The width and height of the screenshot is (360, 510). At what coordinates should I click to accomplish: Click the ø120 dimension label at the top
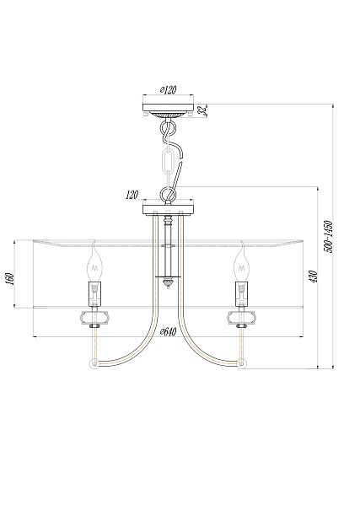[168, 89]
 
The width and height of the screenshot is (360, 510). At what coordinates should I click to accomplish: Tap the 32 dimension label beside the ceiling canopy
[203, 110]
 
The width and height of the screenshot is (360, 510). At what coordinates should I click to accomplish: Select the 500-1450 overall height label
[328, 237]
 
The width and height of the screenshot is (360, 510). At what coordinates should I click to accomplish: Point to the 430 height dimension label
[313, 276]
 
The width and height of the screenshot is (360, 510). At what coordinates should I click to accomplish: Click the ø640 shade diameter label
[168, 332]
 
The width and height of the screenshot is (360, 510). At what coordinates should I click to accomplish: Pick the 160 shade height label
[10, 279]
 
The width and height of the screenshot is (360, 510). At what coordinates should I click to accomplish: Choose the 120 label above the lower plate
[132, 195]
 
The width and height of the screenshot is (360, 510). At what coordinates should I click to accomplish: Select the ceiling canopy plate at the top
[168, 108]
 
